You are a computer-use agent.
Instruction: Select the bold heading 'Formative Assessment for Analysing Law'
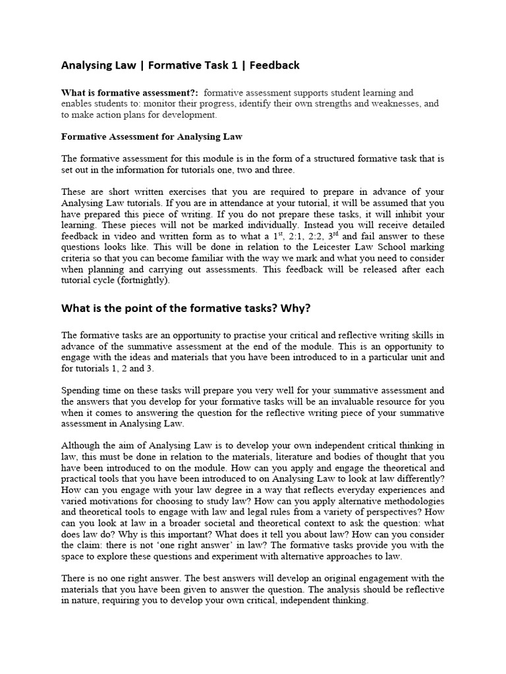pyautogui.click(x=152, y=137)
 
